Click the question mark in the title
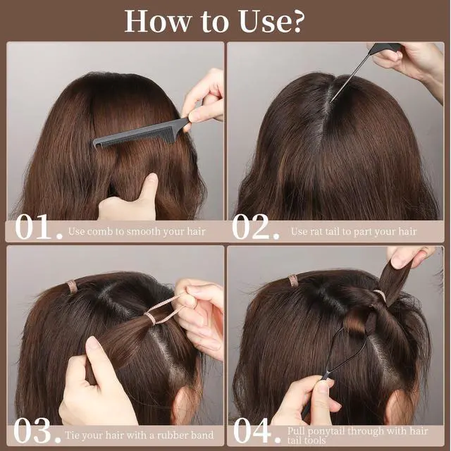pyautogui.click(x=293, y=22)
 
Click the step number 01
pyautogui.click(x=38, y=227)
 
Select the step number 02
pyautogui.click(x=255, y=227)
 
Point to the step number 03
pyautogui.click(x=37, y=431)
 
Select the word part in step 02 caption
pyautogui.click(x=360, y=232)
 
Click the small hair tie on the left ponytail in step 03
pyautogui.click(x=72, y=287)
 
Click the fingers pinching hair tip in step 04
pyautogui.click(x=409, y=256)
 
